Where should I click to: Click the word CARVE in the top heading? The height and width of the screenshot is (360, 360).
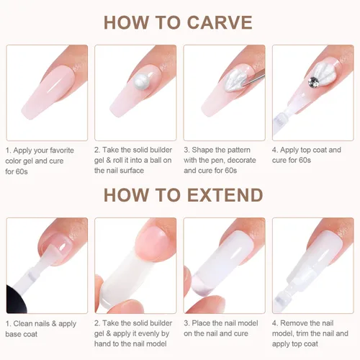(220, 22)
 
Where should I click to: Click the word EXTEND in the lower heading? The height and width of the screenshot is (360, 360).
(225, 195)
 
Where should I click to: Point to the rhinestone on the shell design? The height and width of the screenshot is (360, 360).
(313, 81)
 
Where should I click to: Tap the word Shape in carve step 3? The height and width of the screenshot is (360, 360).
(202, 150)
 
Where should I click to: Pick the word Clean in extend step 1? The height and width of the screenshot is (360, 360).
(23, 323)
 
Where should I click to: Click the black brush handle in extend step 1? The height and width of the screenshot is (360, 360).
(15, 299)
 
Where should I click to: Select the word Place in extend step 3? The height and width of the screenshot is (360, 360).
(202, 323)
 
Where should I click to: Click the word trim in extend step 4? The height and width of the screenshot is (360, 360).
(302, 333)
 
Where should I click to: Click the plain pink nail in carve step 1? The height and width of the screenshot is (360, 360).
(47, 91)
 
